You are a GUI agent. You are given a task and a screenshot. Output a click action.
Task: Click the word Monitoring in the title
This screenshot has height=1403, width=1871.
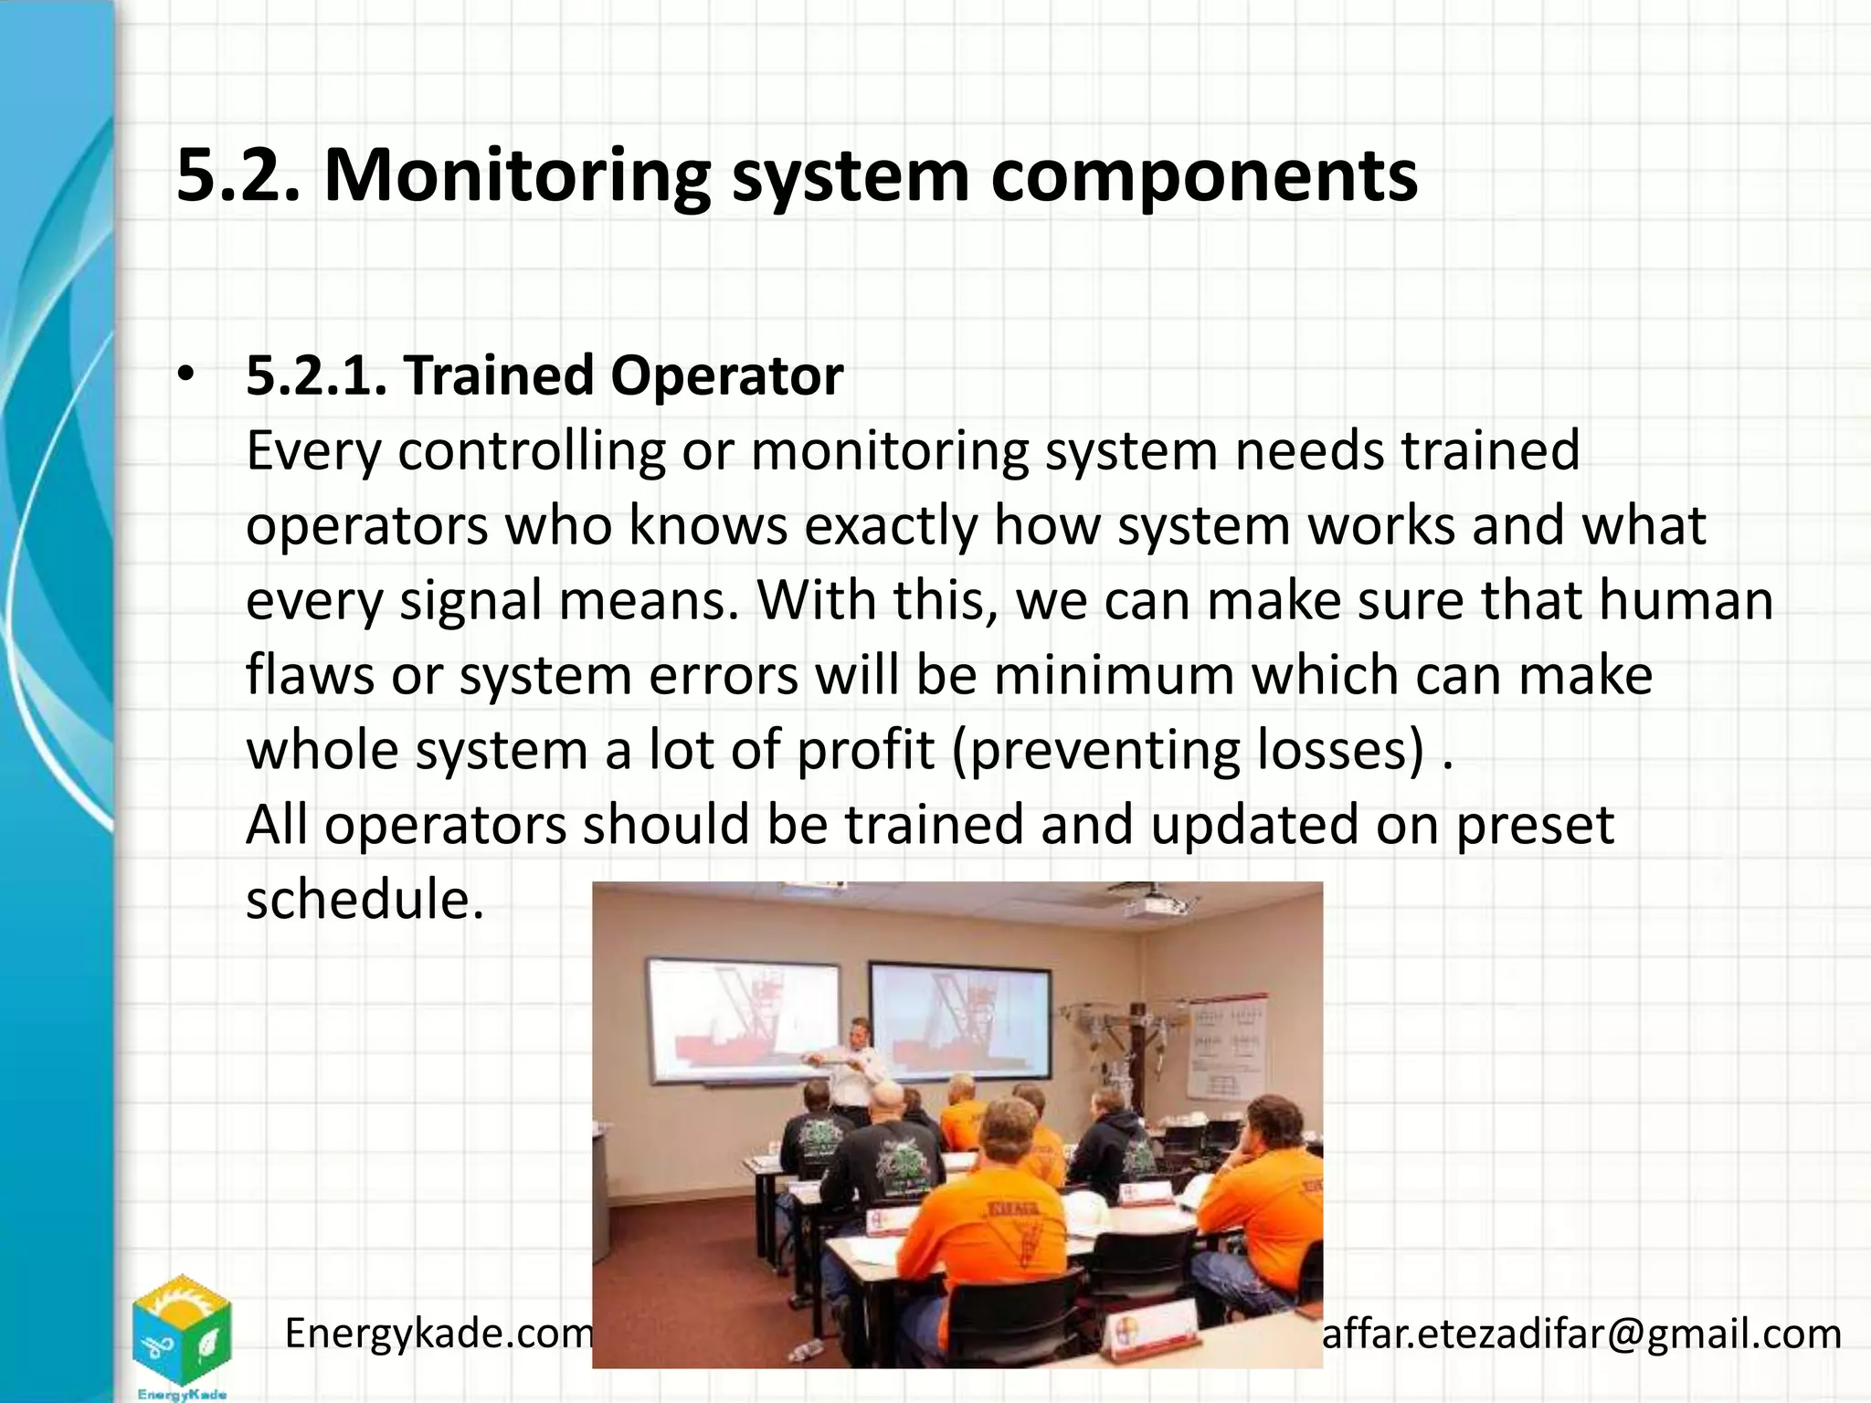tap(516, 175)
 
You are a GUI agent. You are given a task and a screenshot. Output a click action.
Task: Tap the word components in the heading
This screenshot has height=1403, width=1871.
tap(1203, 175)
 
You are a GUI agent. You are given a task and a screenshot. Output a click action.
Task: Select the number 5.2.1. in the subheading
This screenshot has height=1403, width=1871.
tap(316, 375)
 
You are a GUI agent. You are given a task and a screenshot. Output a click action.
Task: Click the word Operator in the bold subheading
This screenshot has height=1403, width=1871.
tap(726, 375)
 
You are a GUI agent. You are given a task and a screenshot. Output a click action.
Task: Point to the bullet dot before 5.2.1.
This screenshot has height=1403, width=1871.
tap(186, 376)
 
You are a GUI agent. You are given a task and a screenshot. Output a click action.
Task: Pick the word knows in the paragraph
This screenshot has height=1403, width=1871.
tap(707, 526)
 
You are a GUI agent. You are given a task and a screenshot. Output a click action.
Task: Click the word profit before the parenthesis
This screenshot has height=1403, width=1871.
tap(865, 751)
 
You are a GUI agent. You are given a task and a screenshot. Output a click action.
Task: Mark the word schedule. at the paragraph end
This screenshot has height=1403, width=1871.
tap(364, 900)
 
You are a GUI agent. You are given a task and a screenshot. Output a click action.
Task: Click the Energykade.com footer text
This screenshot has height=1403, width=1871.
tap(439, 1334)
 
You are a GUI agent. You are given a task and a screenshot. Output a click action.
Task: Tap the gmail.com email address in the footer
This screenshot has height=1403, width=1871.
tap(1581, 1334)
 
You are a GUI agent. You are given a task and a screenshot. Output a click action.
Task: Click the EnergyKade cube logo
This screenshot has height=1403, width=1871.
tap(182, 1332)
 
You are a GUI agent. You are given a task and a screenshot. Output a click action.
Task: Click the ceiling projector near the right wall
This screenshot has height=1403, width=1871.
tap(1158, 903)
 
